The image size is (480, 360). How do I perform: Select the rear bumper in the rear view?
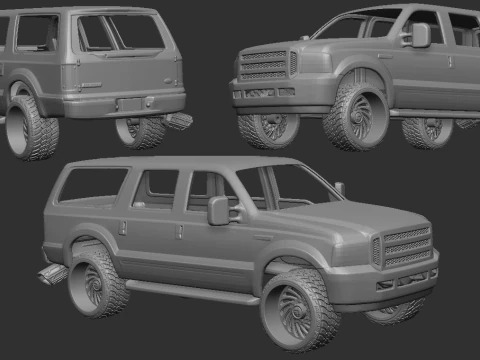point(120,102)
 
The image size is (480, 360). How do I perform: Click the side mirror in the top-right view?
point(420,35)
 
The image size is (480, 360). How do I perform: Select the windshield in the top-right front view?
point(345,25)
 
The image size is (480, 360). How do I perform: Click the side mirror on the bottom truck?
point(218,210)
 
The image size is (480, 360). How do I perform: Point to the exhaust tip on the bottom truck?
point(50,272)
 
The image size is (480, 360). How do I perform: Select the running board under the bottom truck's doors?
point(190,293)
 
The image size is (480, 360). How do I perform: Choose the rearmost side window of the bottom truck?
point(95,185)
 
